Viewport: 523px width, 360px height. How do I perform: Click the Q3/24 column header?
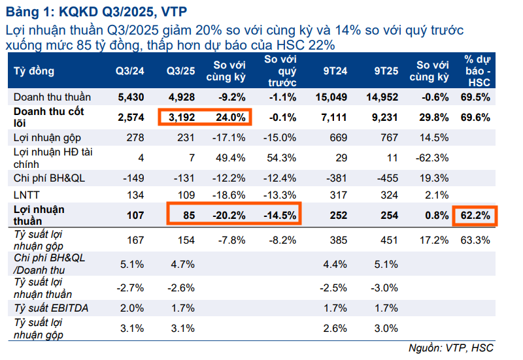coord(129,71)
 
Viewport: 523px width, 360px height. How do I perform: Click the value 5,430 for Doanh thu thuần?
coord(129,97)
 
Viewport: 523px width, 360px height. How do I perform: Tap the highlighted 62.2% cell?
coord(476,214)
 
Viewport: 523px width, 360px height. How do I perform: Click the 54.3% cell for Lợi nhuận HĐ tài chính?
coord(282,157)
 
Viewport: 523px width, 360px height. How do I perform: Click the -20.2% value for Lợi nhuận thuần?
coord(229,214)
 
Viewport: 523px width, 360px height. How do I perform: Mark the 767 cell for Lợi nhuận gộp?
coord(389,137)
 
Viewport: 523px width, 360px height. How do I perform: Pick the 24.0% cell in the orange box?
coord(231,118)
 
